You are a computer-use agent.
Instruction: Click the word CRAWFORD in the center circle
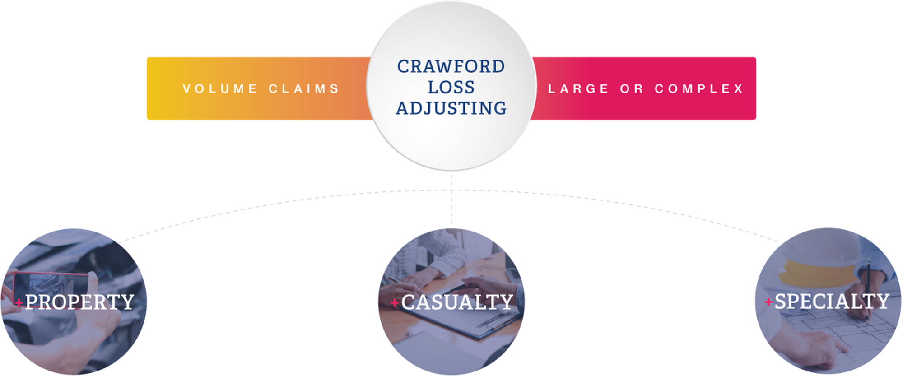coord(451,66)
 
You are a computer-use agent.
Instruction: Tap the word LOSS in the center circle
coord(451,87)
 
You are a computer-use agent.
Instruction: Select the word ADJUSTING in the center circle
coord(451,108)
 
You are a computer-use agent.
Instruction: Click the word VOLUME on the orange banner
coord(220,88)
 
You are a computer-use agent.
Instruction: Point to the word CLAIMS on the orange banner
coord(304,88)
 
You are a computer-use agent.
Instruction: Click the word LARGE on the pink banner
coord(578,88)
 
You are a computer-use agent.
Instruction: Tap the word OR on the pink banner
coord(632,88)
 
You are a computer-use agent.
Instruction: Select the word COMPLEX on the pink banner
coord(699,88)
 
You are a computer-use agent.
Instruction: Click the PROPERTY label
coord(79,302)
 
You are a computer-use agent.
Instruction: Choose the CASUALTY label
coord(457,302)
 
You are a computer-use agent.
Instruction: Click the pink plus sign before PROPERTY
coord(19,303)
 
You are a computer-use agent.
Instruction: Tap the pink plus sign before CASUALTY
coord(395,302)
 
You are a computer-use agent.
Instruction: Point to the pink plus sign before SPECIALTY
coord(768,302)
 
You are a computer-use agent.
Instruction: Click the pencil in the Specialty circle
coord(868,289)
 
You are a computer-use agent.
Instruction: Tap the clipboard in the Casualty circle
coord(470,323)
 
